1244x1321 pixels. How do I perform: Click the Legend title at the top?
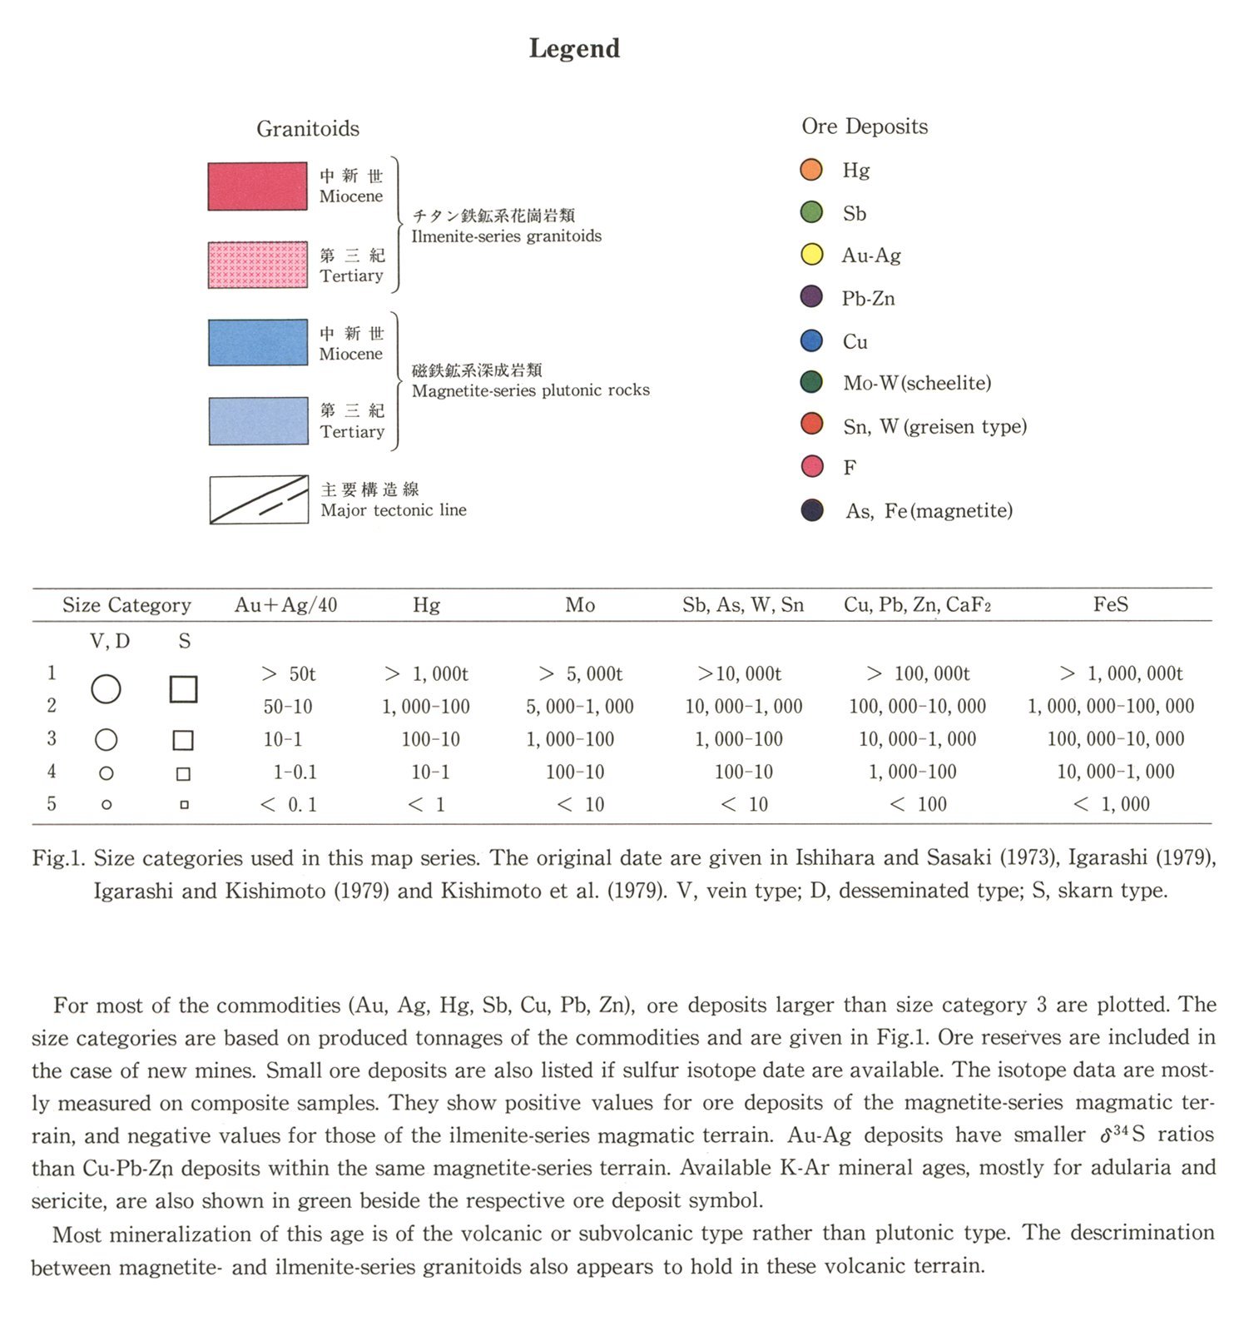pos(574,48)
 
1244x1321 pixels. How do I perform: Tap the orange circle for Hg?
pos(811,170)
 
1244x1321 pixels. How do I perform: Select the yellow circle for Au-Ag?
pos(811,255)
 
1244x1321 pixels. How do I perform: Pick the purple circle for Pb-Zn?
pos(811,297)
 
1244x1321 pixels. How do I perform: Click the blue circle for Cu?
pos(811,340)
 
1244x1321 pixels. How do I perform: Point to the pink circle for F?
pos(812,467)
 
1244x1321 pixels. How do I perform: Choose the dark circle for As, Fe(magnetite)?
pos(812,510)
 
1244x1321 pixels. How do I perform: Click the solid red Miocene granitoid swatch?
pos(257,186)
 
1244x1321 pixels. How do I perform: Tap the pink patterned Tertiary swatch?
pos(257,265)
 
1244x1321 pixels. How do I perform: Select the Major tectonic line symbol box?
pos(259,499)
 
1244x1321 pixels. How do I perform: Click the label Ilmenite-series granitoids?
pos(506,236)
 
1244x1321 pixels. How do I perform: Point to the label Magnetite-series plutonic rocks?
pos(530,390)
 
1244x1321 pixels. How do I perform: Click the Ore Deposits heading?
pos(865,127)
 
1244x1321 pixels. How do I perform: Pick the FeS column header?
pos(1110,604)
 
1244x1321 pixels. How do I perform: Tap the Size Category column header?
pos(126,605)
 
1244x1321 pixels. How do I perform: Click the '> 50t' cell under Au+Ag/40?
pos(288,673)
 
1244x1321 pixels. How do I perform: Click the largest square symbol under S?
pos(183,689)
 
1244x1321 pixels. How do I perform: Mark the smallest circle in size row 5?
pos(107,805)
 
